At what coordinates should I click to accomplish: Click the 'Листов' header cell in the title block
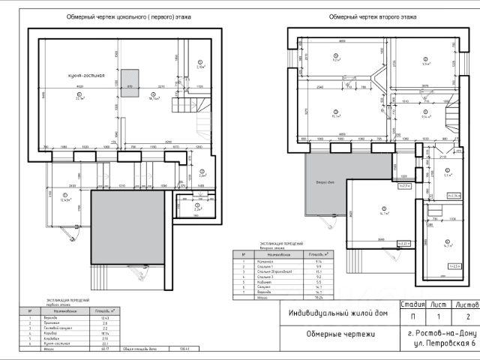pyautogui.click(x=462, y=305)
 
